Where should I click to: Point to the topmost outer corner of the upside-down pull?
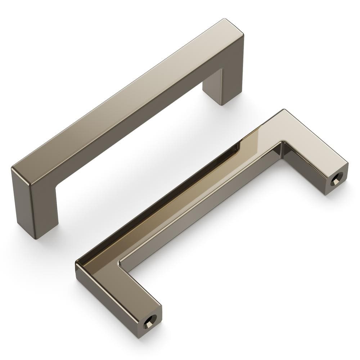[284, 110]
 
